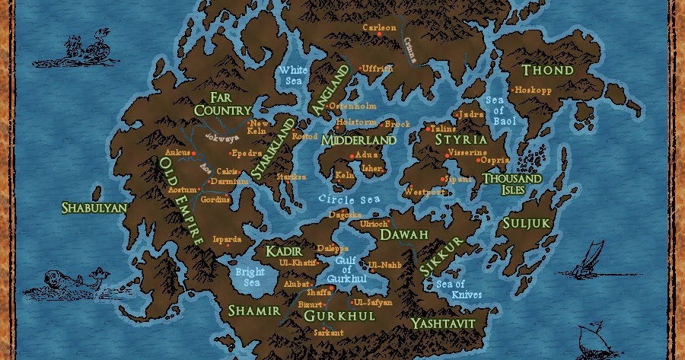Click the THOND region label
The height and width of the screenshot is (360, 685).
(x=548, y=71)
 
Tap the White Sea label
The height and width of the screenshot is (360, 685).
(x=293, y=76)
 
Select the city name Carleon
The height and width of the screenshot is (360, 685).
(x=380, y=29)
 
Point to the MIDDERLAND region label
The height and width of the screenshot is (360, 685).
(x=358, y=141)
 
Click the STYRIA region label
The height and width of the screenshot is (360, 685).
(x=461, y=140)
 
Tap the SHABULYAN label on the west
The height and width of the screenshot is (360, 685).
(x=94, y=207)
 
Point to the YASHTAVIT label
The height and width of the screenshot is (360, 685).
(x=443, y=323)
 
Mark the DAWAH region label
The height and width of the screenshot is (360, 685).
(x=404, y=235)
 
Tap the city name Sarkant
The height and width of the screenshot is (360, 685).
(x=329, y=333)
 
